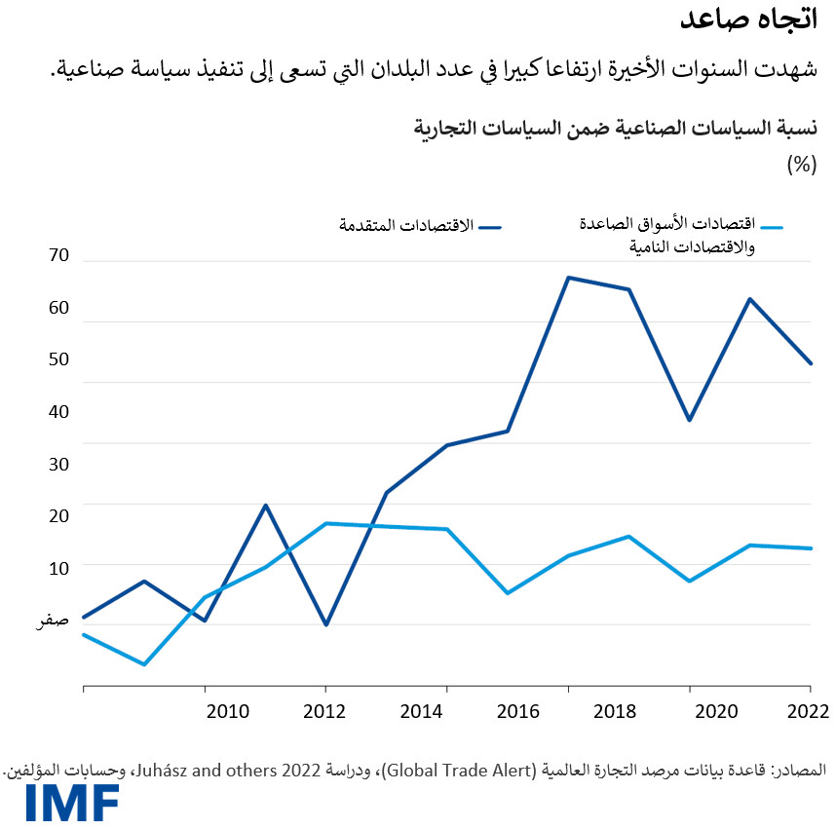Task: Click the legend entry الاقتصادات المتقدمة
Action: coord(406,226)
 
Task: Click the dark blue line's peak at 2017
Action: coord(568,278)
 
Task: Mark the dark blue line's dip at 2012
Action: coord(325,624)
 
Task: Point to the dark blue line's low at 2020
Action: coord(690,420)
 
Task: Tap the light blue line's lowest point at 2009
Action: coord(144,664)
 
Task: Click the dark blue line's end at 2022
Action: coord(812,363)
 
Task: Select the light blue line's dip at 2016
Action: coord(507,592)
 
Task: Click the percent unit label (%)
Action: coord(800,165)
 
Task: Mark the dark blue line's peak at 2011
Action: coord(265,505)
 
